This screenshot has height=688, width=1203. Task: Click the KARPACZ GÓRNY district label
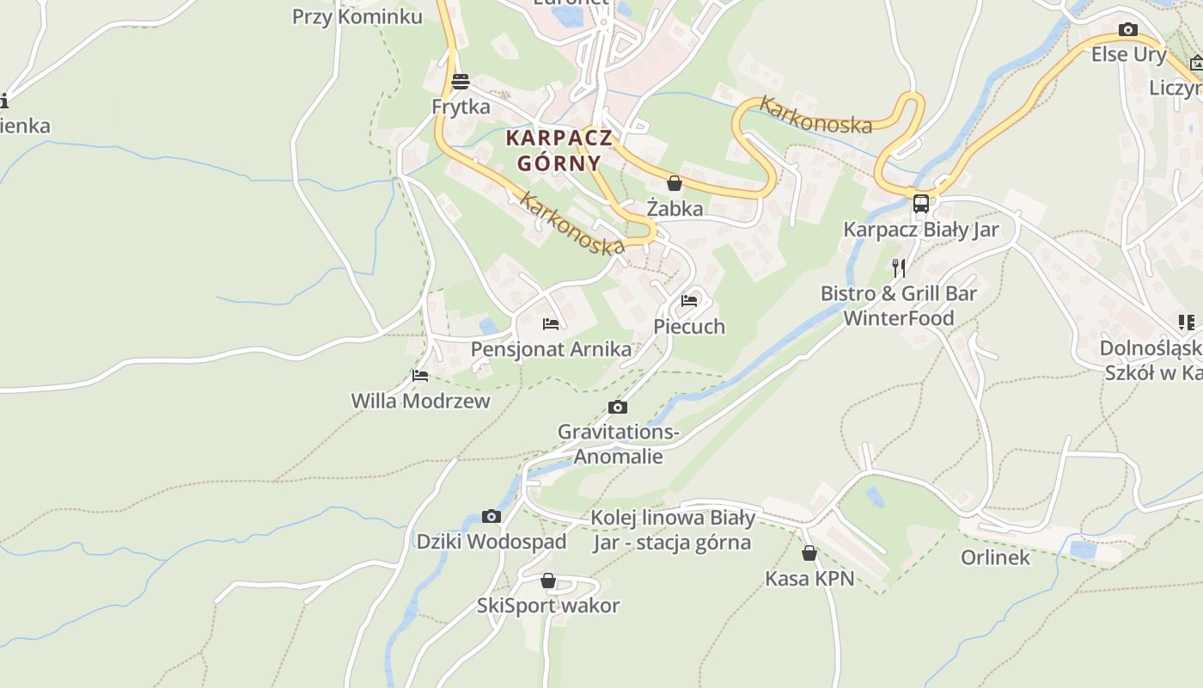point(559,150)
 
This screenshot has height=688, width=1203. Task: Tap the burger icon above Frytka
point(461,82)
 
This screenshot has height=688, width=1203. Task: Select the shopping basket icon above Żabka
point(675,183)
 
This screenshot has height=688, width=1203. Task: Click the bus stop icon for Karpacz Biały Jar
point(920,204)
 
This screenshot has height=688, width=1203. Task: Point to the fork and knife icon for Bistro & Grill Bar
point(898,267)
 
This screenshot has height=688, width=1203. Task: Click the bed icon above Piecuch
point(689,301)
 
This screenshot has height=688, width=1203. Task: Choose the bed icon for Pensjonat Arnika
point(551,324)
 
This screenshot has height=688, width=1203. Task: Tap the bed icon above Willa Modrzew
point(420,376)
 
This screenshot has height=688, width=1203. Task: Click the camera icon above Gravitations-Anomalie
point(617,408)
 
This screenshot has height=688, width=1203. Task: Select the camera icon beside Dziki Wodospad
point(492,517)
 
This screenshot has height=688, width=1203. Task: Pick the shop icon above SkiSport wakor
point(548,581)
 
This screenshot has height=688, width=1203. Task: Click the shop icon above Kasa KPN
point(809,553)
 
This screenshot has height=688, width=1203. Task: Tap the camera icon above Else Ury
point(1128,30)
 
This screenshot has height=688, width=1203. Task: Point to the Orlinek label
point(995,557)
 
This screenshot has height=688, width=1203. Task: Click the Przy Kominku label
point(357,16)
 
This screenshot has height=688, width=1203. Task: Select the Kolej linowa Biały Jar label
point(672,530)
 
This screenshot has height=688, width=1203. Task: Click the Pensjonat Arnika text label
point(551,349)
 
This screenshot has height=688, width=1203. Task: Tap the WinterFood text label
point(899,318)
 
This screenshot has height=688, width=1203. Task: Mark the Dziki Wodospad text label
point(492,542)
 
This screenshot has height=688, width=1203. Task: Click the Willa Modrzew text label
point(420,401)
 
